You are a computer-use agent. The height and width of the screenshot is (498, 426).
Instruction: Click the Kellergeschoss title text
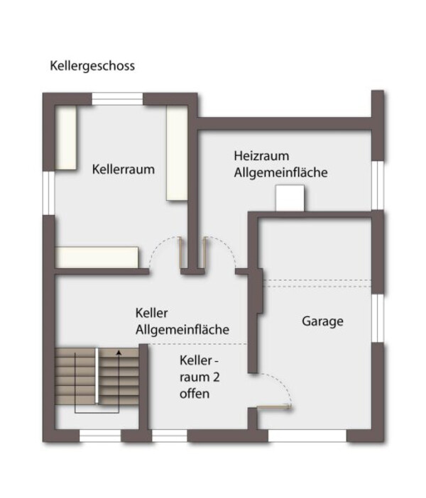pos(92,66)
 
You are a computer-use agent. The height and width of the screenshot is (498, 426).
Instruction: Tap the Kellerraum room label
pos(124,170)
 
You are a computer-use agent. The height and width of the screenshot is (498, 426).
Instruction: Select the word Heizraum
pos(261,156)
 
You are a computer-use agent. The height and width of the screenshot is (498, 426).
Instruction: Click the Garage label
pos(322,321)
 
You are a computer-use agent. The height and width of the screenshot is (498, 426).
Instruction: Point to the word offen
pos(195,394)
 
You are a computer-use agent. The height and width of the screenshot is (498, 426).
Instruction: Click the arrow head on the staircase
pos(119,352)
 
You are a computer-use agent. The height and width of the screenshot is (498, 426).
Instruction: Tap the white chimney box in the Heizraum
pos(290,198)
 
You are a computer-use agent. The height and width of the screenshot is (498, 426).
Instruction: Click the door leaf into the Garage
pos(274,406)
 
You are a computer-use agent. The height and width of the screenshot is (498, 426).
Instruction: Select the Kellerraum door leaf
pos(180,253)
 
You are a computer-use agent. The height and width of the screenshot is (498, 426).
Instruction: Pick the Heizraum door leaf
pos(204,253)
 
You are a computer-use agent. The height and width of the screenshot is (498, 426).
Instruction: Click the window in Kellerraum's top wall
pos(118,99)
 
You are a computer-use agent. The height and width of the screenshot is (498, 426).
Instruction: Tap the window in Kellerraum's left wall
pos(49,193)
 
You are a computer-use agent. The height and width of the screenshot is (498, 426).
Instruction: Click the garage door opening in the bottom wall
pos(307,436)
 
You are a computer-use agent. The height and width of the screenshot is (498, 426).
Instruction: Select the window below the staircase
pos(100,436)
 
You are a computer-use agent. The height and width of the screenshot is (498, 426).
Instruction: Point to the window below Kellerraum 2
pos(170,436)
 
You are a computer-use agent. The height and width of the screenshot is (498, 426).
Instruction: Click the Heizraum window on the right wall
pos(378,185)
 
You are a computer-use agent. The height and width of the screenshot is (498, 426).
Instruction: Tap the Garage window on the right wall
pos(378,319)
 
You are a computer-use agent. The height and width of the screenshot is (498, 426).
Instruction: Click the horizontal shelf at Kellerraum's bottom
pos(97,258)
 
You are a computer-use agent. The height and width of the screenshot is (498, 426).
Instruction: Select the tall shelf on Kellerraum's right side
pos(177,153)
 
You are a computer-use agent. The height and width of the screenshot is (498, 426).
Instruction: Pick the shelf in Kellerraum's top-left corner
pos(66,138)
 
